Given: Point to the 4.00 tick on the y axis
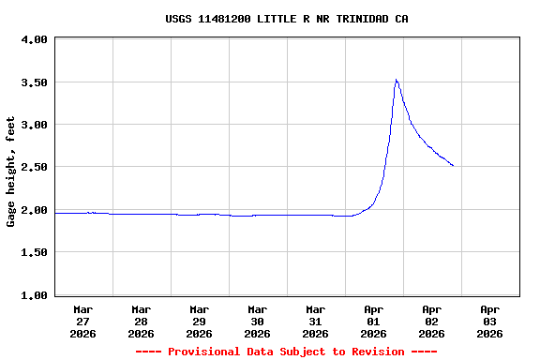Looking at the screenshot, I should pyautogui.click(x=34, y=40).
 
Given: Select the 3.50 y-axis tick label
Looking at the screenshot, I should pyautogui.click(x=34, y=82).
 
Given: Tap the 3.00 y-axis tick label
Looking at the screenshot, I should pyautogui.click(x=34, y=125).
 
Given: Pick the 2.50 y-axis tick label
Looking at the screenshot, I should pyautogui.click(x=34, y=167).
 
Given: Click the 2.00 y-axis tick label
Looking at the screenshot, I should pyautogui.click(x=34, y=210).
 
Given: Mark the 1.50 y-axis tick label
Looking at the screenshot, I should pyautogui.click(x=34, y=252).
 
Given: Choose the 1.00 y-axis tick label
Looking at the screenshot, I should pyautogui.click(x=34, y=295).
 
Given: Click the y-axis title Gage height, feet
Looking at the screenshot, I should pyautogui.click(x=11, y=172).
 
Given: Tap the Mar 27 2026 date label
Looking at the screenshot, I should pyautogui.click(x=82, y=321).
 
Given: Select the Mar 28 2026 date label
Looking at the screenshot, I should pyautogui.click(x=141, y=321).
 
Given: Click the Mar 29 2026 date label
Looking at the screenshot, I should pyautogui.click(x=199, y=321).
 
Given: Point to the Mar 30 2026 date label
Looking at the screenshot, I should pyautogui.click(x=257, y=321).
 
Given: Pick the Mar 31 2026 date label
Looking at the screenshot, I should pyautogui.click(x=315, y=321).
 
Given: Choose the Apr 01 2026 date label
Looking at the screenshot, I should pyautogui.click(x=373, y=321).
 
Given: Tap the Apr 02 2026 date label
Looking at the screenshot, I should pyautogui.click(x=431, y=321).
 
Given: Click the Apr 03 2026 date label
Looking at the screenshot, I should pyautogui.click(x=489, y=321).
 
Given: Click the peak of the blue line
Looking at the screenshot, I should pyautogui.click(x=397, y=80).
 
